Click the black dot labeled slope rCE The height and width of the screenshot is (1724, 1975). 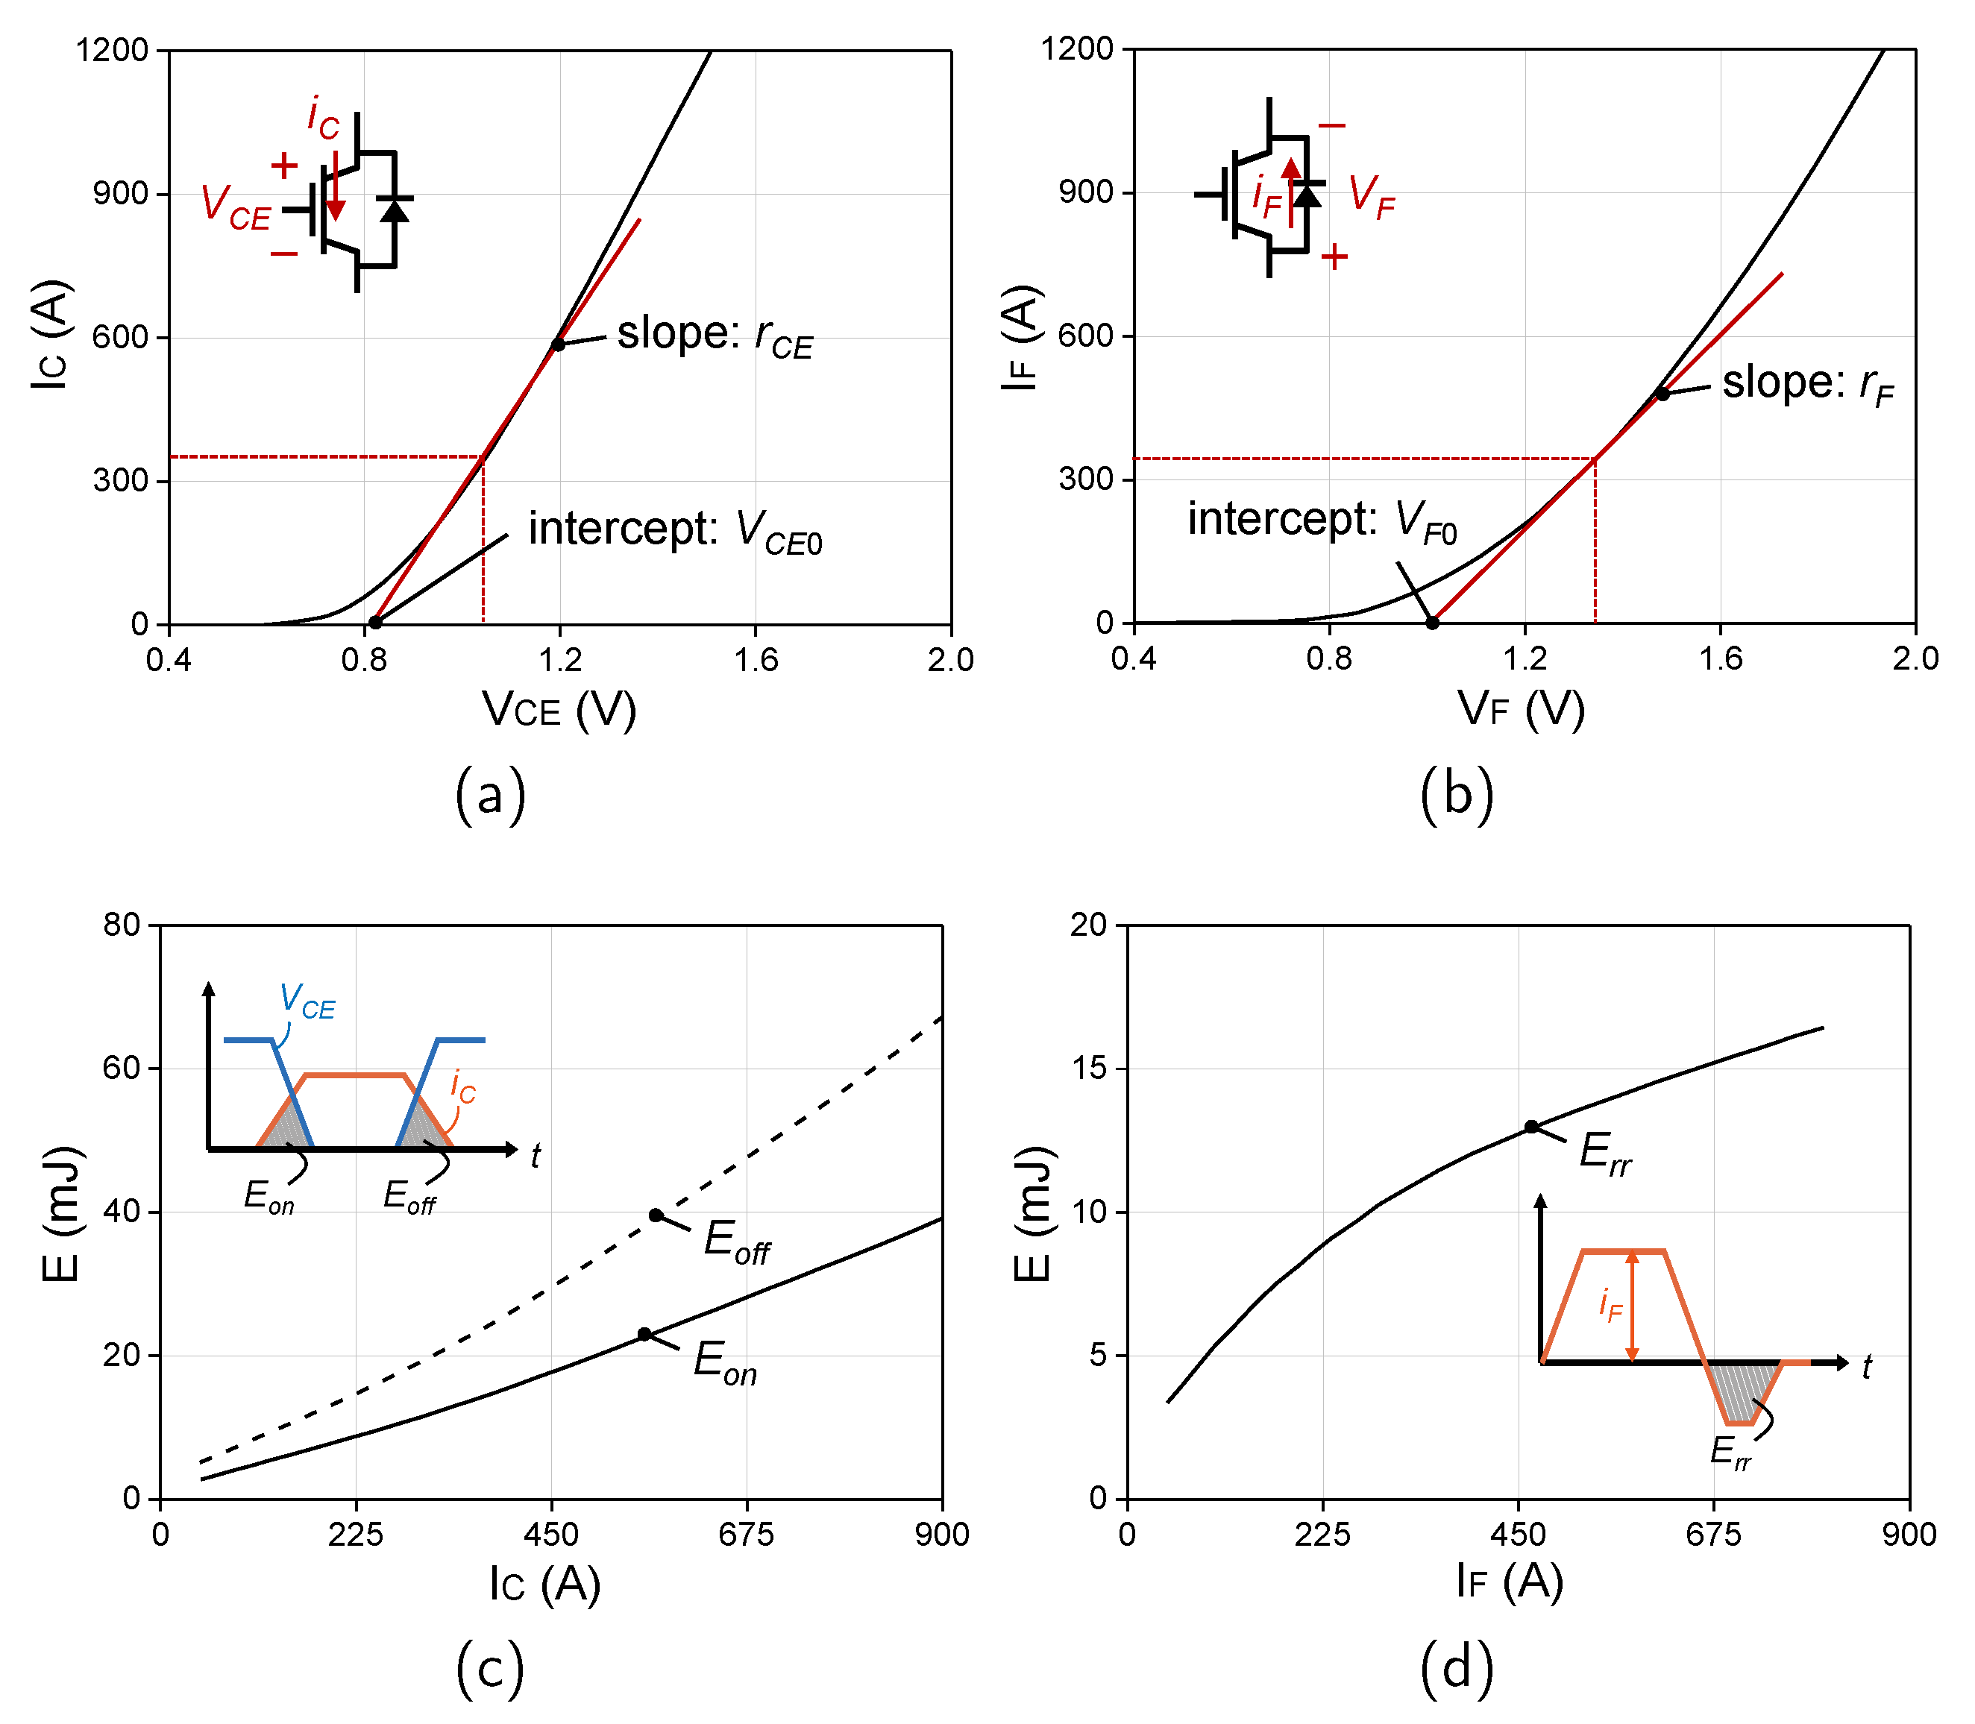click(x=558, y=345)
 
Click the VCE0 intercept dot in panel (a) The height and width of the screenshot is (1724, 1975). click(x=376, y=623)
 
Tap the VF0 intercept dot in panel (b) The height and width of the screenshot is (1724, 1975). click(x=1433, y=623)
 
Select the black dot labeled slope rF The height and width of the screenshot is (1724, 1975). click(x=1662, y=394)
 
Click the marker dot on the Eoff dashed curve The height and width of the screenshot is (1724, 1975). click(x=656, y=1215)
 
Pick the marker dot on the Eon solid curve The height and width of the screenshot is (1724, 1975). click(x=644, y=1333)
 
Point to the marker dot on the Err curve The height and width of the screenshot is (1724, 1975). click(x=1530, y=1127)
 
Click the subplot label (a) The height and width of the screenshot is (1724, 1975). click(x=490, y=795)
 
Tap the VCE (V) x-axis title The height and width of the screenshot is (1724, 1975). click(x=559, y=710)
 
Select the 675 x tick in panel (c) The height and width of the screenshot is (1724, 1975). click(x=746, y=1534)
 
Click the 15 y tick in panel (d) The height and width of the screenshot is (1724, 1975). click(x=1089, y=1068)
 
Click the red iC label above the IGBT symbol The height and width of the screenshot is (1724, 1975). click(x=322, y=117)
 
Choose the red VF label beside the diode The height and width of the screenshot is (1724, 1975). click(x=1371, y=197)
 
